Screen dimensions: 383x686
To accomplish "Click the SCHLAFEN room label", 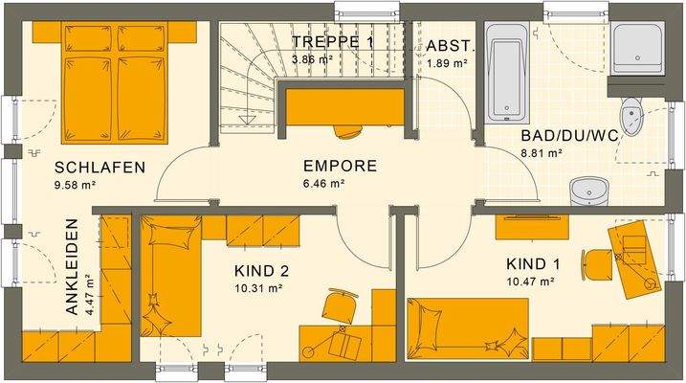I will (x=100, y=168).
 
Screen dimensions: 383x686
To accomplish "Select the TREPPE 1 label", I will (x=333, y=41).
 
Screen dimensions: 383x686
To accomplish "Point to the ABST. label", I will (x=447, y=46).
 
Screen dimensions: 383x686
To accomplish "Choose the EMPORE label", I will (x=340, y=166).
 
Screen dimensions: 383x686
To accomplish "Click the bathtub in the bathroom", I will (x=504, y=73).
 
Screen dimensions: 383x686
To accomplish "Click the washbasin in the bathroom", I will (x=585, y=191).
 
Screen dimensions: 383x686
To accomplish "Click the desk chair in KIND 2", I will (x=338, y=307).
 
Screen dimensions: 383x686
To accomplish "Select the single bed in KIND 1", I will (x=469, y=328).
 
